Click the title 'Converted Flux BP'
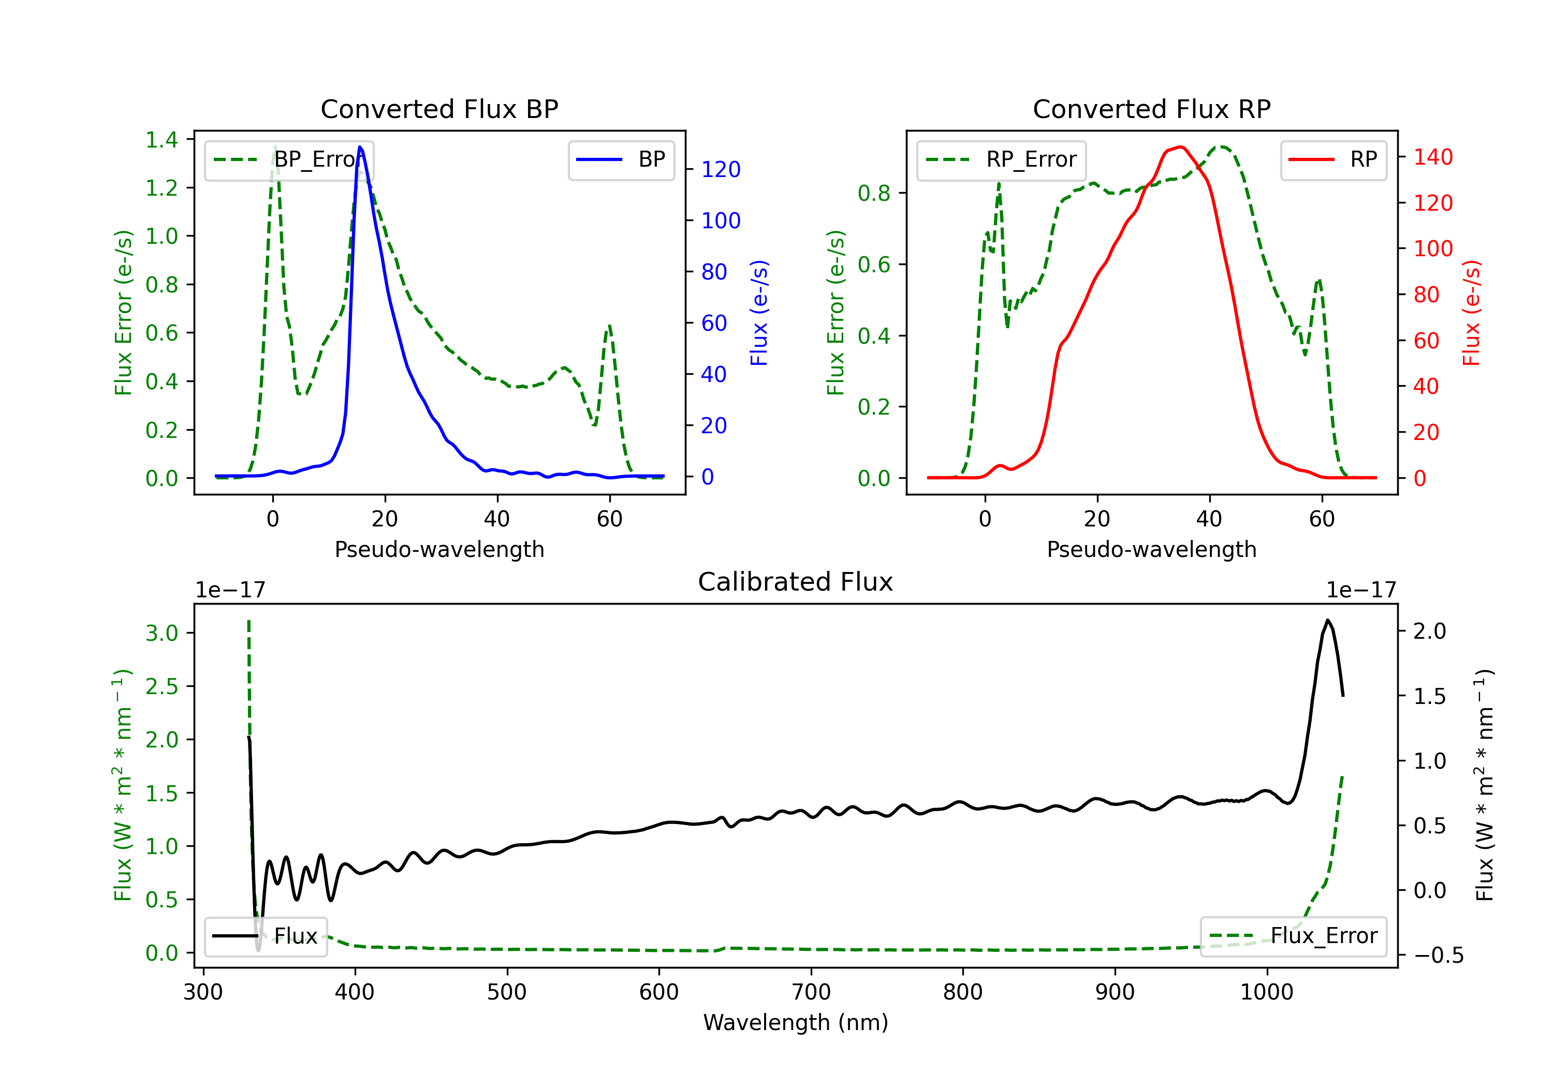439,109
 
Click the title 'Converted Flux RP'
1151,109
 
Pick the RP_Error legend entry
1001,159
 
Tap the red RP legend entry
1333,159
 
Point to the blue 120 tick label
721,169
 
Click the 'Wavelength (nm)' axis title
796,1022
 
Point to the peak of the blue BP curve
360,147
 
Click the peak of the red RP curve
1180,147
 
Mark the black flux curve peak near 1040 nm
1328,620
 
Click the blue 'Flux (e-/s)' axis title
759,313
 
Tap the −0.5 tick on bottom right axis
1438,955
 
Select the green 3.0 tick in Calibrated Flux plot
162,633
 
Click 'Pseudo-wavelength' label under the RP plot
1151,549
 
